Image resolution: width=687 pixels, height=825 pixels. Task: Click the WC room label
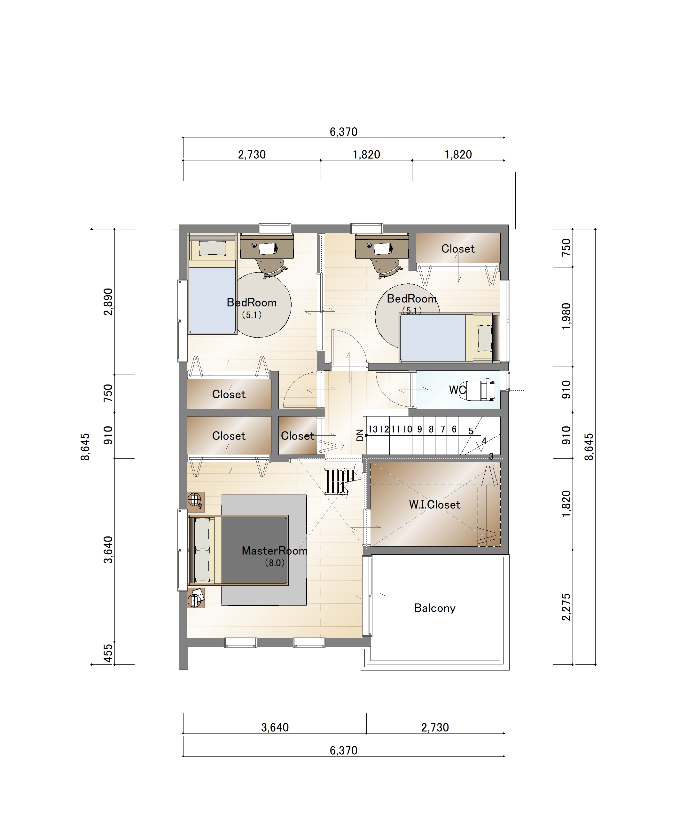point(457,390)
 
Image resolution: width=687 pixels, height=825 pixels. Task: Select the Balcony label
point(434,608)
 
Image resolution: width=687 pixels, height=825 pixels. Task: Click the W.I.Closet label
point(434,504)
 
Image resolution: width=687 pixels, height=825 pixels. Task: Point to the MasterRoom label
point(274,551)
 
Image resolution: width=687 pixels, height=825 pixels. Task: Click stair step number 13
point(372,429)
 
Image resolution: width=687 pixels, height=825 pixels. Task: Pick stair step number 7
point(442,429)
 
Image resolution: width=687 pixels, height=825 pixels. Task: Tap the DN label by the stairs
point(360,435)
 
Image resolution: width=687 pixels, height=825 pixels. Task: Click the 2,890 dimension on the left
point(108,302)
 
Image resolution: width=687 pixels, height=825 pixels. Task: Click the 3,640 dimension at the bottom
point(275,727)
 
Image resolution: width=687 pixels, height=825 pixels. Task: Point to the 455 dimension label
point(108,653)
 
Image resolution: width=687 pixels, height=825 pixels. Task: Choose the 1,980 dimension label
point(566,316)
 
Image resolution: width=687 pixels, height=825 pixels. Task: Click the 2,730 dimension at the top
point(252,155)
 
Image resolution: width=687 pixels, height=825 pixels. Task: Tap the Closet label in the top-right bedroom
point(458,249)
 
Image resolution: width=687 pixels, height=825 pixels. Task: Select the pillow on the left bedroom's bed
point(212,248)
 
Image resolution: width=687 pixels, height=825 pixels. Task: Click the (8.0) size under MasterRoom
point(274,563)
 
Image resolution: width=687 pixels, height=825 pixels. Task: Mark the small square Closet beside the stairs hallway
point(298,435)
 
